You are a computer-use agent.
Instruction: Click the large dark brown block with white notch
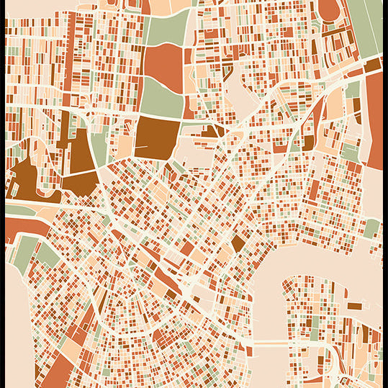pos(157,135)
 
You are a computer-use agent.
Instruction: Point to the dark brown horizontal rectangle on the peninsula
pos(353,306)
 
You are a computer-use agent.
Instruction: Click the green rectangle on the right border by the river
pos(371,228)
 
